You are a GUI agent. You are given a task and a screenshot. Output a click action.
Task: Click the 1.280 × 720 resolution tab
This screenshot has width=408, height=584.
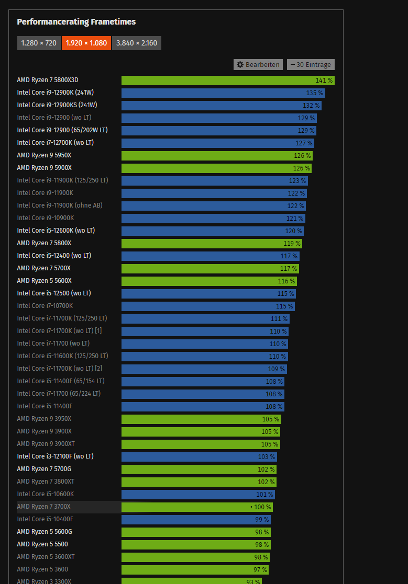[x=39, y=43]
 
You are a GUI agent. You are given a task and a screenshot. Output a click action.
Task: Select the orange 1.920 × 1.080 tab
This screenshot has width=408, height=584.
[x=86, y=43]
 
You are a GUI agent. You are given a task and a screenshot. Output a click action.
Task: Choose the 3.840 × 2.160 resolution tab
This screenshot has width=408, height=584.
[x=137, y=43]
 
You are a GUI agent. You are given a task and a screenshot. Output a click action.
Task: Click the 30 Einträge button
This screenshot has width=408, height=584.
[x=311, y=64]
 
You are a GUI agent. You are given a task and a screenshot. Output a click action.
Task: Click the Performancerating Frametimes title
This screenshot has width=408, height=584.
[x=76, y=22]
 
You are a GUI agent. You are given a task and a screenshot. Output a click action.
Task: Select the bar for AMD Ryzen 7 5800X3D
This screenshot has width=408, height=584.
[x=227, y=81]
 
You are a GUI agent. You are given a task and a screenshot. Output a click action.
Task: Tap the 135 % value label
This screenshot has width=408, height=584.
[x=314, y=93]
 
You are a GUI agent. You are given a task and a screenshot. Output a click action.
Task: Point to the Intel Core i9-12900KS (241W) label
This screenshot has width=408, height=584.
[x=57, y=105]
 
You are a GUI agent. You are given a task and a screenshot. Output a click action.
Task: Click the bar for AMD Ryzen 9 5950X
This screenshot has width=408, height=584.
[x=216, y=155]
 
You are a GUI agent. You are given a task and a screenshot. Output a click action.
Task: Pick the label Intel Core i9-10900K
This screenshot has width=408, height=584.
[x=46, y=218]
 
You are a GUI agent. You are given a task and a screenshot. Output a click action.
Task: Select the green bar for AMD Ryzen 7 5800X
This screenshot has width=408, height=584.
[x=212, y=243]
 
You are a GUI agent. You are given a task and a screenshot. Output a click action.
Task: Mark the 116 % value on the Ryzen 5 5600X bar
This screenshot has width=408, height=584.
[x=286, y=281]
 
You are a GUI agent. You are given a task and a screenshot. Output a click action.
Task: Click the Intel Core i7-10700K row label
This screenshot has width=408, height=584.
[x=45, y=306]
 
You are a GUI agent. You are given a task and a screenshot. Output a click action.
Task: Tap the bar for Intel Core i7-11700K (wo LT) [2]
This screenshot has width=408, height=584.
[x=204, y=369]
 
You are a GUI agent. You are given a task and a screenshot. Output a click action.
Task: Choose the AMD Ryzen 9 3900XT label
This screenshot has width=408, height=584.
[x=44, y=444]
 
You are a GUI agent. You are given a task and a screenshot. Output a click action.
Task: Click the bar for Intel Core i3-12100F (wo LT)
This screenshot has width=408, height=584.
[x=199, y=456]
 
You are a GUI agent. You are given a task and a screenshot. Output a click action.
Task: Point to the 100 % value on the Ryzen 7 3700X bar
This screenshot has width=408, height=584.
[x=261, y=507]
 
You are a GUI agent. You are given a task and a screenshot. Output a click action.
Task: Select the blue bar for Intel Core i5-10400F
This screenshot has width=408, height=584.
[x=196, y=519]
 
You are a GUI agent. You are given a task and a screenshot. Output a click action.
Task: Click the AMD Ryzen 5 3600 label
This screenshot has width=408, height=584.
[x=42, y=569]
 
